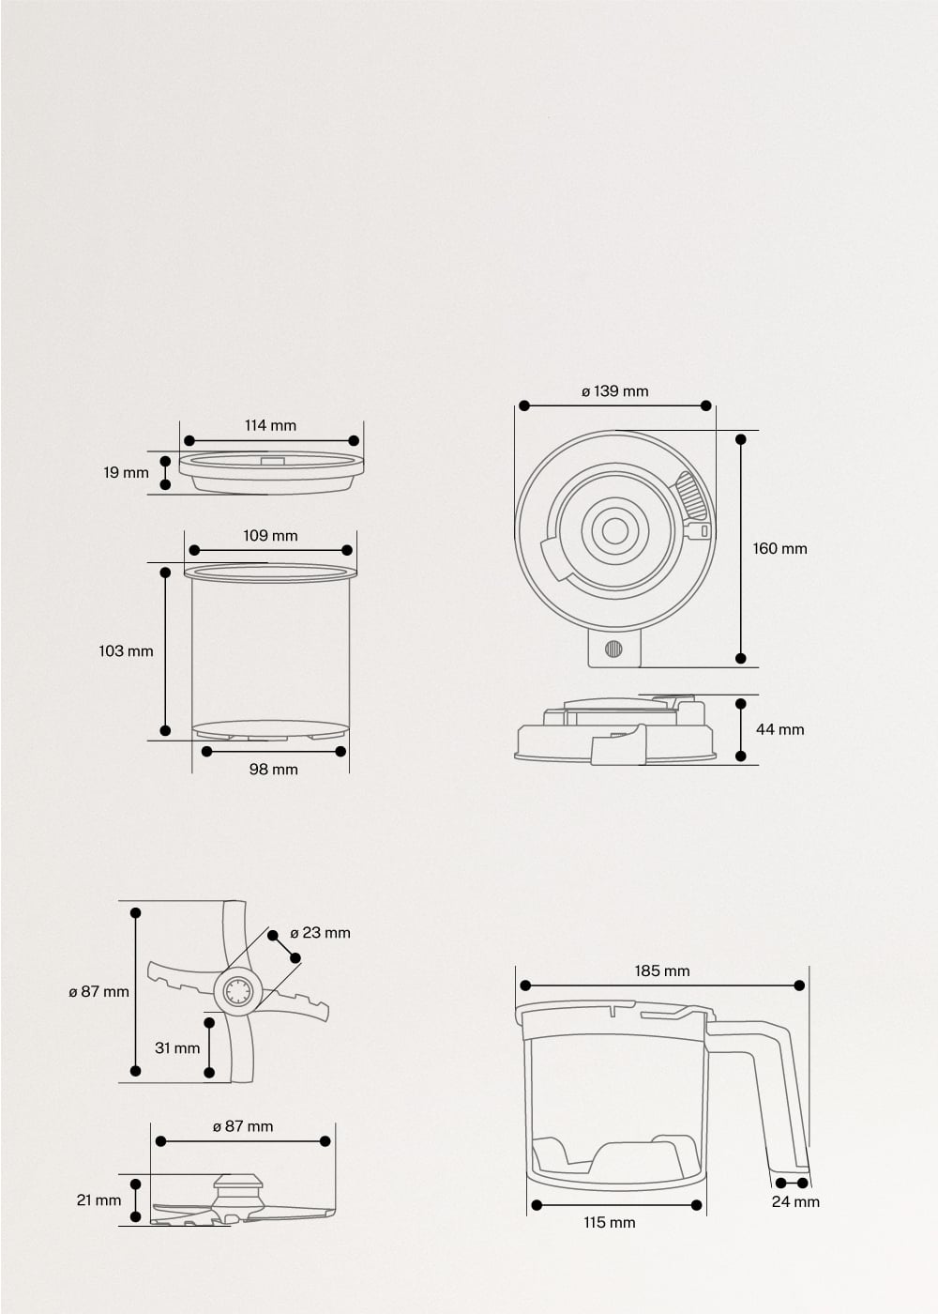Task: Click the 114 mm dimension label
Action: [270, 425]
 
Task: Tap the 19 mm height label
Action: [126, 473]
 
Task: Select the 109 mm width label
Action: [270, 536]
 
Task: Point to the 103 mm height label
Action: [126, 650]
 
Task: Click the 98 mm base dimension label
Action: [273, 770]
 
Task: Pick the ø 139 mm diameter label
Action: [614, 391]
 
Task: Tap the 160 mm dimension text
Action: [779, 548]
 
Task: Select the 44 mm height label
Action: [779, 729]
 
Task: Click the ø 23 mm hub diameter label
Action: [320, 933]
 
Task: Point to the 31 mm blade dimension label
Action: [177, 1047]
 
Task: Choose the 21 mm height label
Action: [98, 1200]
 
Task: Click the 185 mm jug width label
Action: [661, 971]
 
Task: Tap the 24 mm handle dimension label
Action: [795, 1201]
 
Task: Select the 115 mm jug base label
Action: [609, 1222]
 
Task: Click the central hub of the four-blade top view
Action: [237, 992]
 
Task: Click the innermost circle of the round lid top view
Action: [615, 531]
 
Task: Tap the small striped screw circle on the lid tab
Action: [613, 649]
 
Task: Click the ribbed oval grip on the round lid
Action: [691, 495]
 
